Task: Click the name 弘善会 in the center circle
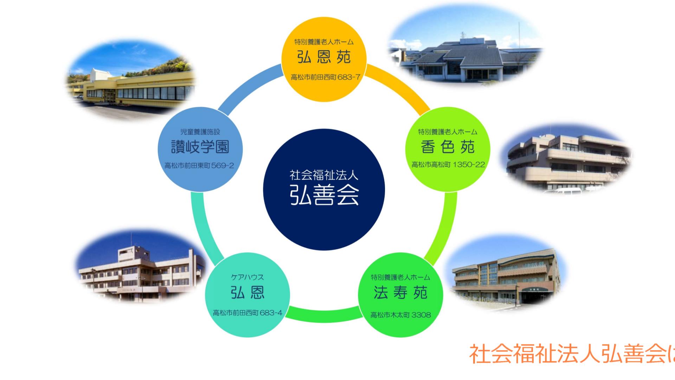(x=324, y=195)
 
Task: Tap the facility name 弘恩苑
(x=324, y=57)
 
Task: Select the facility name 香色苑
(x=448, y=147)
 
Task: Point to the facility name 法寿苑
(x=400, y=292)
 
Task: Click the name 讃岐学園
(x=200, y=147)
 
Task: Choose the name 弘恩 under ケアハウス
(x=247, y=292)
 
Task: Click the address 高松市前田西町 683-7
(x=326, y=77)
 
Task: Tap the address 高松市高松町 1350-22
(x=448, y=164)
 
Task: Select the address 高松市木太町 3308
(x=401, y=315)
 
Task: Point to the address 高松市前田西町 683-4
(x=247, y=312)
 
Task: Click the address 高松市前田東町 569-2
(x=199, y=165)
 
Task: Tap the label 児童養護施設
(x=200, y=132)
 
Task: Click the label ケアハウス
(x=247, y=277)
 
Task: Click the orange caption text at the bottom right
(x=572, y=354)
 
